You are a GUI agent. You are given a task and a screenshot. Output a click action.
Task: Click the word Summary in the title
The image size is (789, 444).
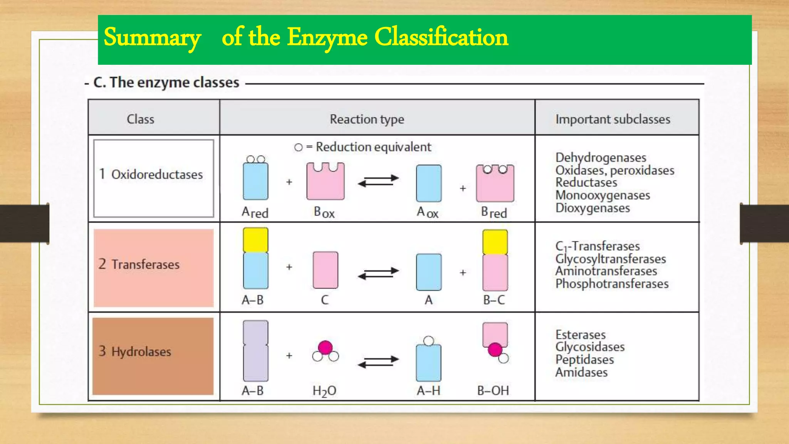[152, 38]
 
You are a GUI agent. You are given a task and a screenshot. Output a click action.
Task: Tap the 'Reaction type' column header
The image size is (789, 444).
[367, 119]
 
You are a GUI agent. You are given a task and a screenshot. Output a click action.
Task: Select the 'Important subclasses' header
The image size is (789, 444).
[613, 119]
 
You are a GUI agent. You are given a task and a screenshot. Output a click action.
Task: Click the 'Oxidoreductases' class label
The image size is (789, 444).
[157, 174]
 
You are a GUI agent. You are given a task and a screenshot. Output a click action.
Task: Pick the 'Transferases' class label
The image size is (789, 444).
[145, 264]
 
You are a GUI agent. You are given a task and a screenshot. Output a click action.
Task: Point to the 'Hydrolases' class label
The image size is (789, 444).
[141, 351]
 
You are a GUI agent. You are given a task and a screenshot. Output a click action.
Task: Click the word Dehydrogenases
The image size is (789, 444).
[601, 157]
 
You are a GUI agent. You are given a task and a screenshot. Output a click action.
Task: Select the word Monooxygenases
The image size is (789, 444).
[603, 195]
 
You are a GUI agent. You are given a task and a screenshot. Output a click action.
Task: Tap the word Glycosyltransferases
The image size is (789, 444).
[611, 259]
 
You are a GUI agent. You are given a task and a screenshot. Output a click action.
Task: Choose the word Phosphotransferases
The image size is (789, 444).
[612, 284]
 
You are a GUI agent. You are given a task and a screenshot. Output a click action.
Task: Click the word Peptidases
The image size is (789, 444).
[584, 360]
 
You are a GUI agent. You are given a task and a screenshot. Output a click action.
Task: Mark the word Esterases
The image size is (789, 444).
[580, 335]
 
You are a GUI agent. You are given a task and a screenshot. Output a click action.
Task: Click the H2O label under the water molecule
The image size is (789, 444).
[324, 391]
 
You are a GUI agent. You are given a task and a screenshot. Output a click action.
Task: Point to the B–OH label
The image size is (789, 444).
[493, 390]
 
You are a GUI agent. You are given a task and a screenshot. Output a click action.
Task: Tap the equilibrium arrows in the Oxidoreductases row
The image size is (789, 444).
[378, 181]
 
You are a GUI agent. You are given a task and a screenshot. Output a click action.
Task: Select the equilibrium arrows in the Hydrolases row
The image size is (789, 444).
[378, 362]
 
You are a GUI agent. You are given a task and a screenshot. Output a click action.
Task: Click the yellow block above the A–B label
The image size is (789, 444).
[255, 239]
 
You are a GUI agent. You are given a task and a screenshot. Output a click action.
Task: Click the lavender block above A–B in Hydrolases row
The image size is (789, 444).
[255, 351]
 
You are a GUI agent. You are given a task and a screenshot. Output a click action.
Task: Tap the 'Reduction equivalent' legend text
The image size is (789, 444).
[373, 147]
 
